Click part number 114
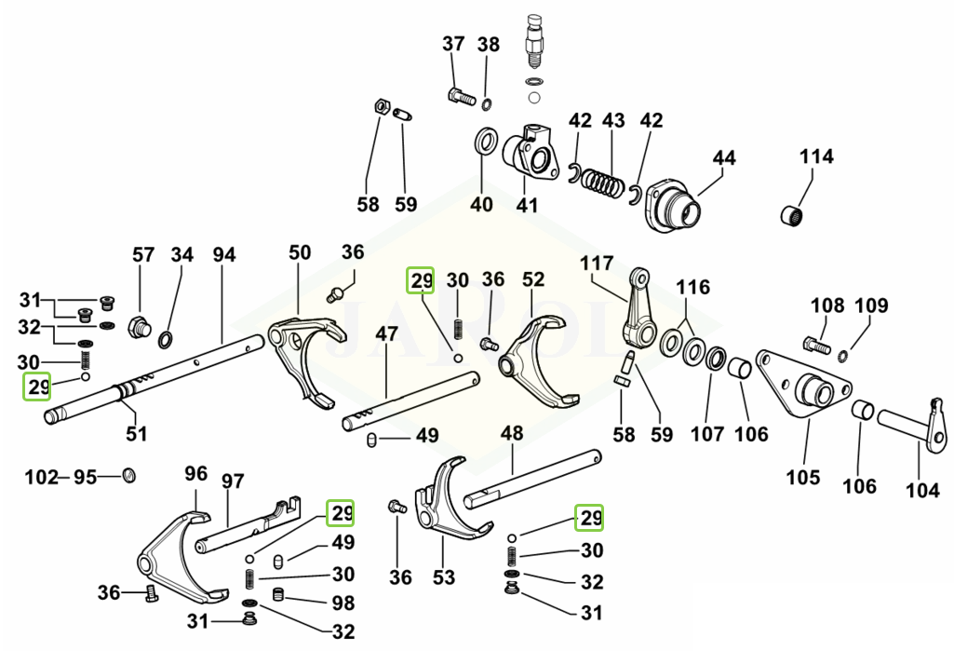pyautogui.click(x=816, y=156)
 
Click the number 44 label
pyautogui.click(x=723, y=158)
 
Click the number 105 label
pyautogui.click(x=802, y=478)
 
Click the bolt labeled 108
pyautogui.click(x=816, y=346)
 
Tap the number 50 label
pyautogui.click(x=300, y=252)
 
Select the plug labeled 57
pyautogui.click(x=141, y=327)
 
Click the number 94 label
pyautogui.click(x=223, y=254)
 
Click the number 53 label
pyautogui.click(x=444, y=577)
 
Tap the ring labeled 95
pyautogui.click(x=128, y=477)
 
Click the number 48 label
pyautogui.click(x=511, y=433)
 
